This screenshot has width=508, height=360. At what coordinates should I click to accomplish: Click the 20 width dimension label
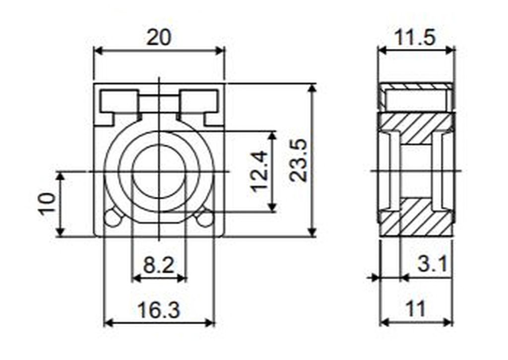(158, 37)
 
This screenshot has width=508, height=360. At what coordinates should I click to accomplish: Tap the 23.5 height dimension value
(298, 160)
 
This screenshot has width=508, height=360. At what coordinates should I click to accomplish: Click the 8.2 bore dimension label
(158, 266)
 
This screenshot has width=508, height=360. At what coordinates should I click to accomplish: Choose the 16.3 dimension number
(158, 310)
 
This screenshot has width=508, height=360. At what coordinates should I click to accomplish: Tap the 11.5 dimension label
(415, 37)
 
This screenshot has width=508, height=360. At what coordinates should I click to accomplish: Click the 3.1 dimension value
(433, 264)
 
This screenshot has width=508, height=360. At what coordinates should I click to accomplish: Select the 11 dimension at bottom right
(415, 309)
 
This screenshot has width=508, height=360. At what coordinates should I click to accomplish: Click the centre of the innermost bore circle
(159, 171)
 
